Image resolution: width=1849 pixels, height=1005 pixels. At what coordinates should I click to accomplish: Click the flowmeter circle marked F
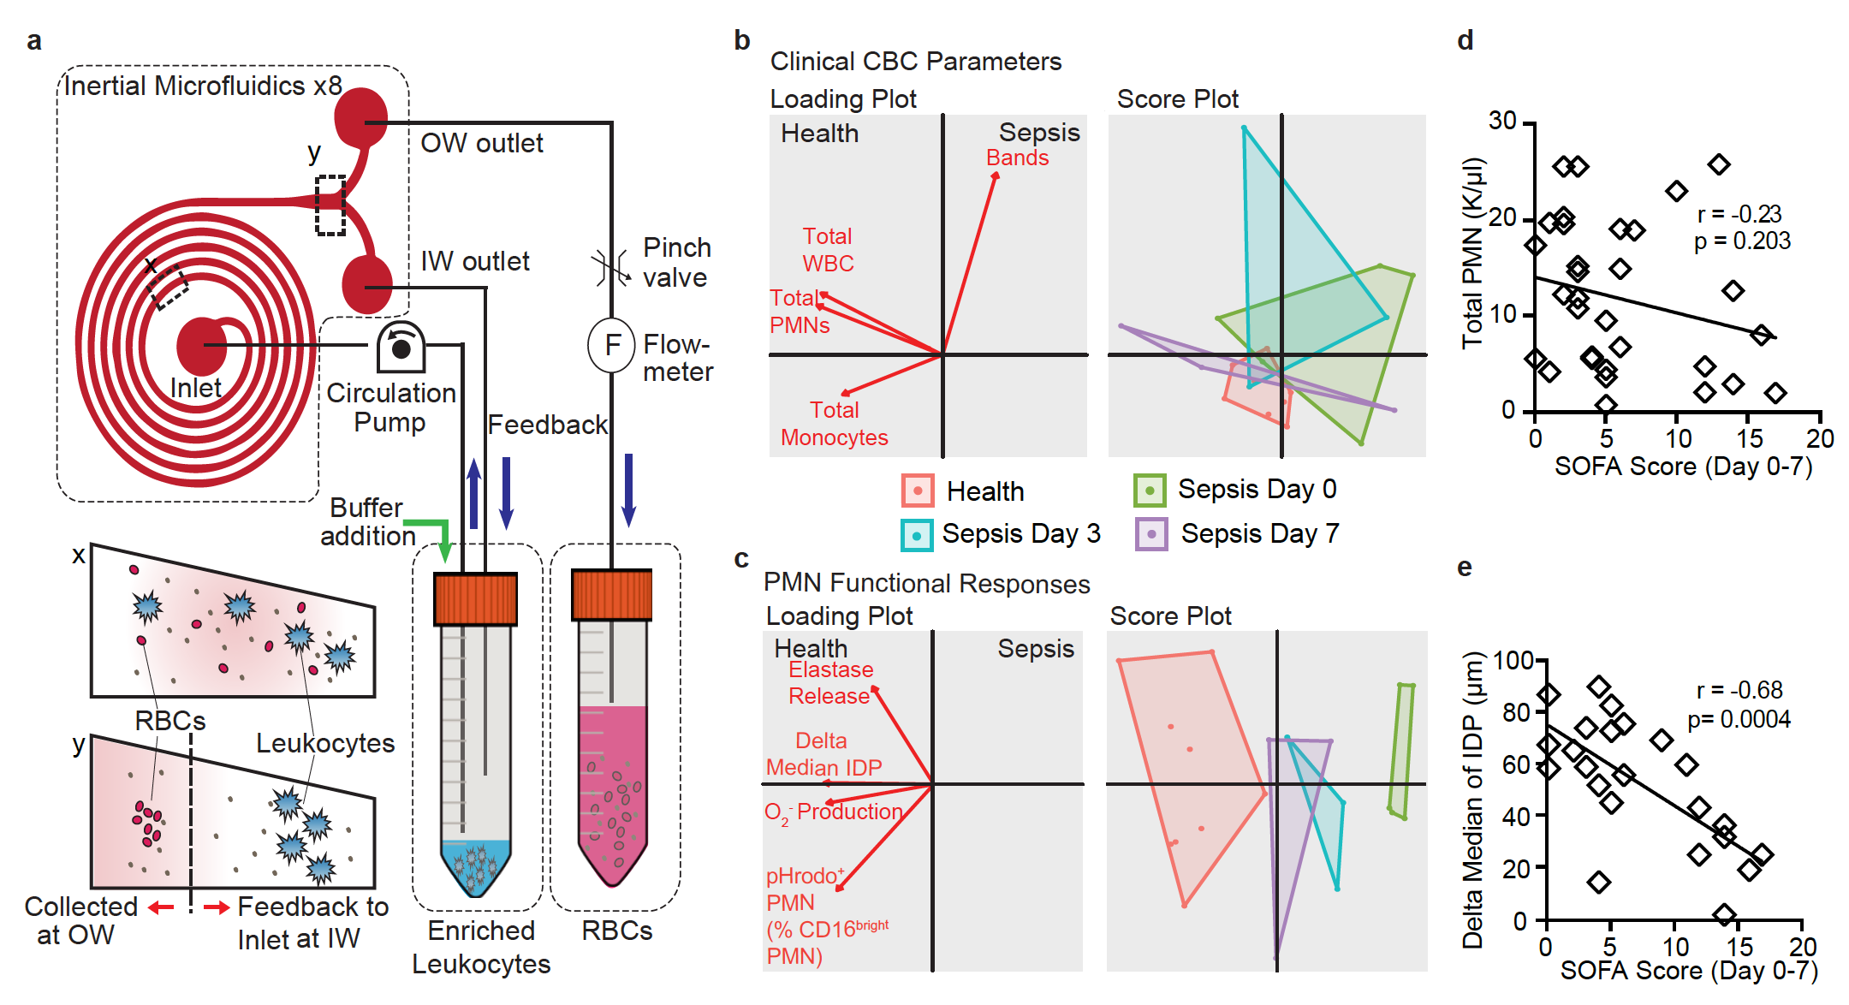point(611,345)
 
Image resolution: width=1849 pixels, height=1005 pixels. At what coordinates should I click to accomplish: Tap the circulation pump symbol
point(401,347)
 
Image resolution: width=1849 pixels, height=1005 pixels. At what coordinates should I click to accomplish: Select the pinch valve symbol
point(610,268)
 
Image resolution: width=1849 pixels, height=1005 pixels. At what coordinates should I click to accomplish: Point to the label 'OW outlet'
point(481,143)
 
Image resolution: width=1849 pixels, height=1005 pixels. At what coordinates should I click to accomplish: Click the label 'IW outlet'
point(474,261)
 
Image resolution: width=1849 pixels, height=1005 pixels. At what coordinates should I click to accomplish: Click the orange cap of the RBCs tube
point(611,594)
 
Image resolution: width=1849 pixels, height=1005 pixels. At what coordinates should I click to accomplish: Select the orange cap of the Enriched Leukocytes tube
point(475,598)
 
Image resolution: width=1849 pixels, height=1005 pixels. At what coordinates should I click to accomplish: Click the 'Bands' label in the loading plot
point(1017,158)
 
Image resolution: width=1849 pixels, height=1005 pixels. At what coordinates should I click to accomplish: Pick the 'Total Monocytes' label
point(834,424)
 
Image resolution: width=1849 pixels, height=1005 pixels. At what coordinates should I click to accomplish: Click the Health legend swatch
point(917,491)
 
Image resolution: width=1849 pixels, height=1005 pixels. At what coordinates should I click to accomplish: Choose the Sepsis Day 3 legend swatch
point(916,535)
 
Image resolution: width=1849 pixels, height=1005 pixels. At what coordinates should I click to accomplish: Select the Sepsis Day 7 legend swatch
point(1150,534)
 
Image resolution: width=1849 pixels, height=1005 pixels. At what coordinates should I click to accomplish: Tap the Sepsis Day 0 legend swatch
point(1149,491)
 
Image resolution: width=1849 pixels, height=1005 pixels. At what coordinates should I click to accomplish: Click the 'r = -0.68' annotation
point(1739,690)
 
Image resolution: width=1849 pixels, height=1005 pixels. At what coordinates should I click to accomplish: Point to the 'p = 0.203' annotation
point(1742,241)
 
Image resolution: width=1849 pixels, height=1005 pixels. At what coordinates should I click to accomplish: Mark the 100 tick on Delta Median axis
point(1513,661)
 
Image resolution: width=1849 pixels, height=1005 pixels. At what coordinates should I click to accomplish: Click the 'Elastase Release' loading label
point(830,682)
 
